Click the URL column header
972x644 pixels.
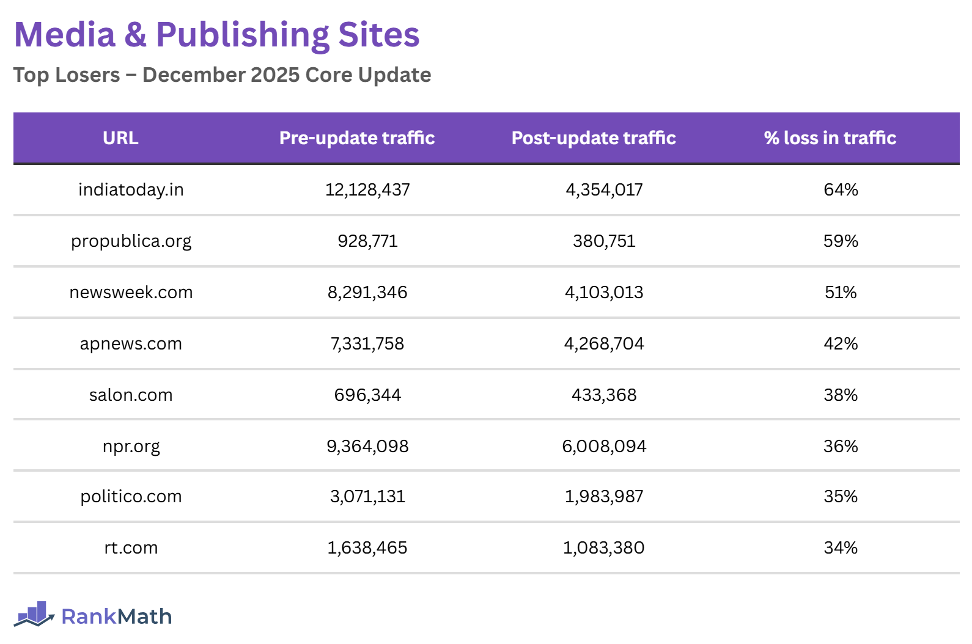tap(120, 138)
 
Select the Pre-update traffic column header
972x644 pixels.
tap(357, 138)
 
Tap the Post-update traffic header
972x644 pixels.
tap(594, 138)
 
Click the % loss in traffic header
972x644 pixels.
tap(830, 138)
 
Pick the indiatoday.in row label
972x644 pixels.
tap(131, 190)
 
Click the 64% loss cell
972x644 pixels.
tap(841, 190)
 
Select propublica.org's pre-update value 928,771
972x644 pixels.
tap(367, 241)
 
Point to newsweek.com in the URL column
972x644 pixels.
tap(131, 293)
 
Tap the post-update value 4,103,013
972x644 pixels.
tap(604, 293)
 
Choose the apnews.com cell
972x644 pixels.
tap(131, 344)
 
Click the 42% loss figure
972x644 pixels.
tap(841, 344)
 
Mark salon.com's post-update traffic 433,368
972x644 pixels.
tap(604, 395)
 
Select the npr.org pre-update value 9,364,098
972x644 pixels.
tap(367, 447)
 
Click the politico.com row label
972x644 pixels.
tap(131, 497)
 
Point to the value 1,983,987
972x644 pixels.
tap(604, 497)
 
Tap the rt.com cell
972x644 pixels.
tap(131, 548)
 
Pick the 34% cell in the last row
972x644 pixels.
tap(841, 548)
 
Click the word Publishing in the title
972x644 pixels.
tap(243, 35)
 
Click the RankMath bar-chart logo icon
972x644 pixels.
tap(34, 614)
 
